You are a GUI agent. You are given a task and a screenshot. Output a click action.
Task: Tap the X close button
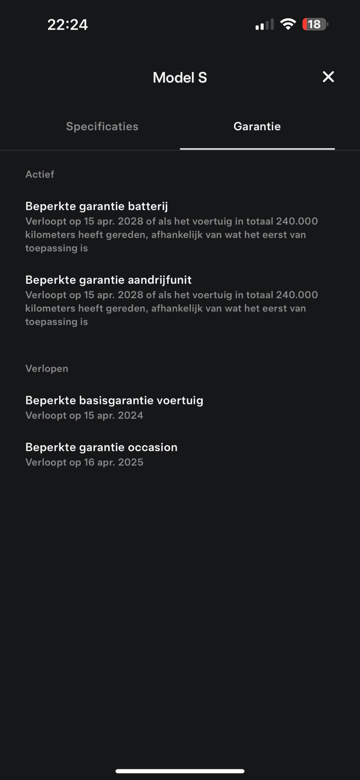point(328,77)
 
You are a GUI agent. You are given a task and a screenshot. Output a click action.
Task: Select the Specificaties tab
point(102,126)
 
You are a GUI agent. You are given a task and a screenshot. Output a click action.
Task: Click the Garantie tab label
point(257,126)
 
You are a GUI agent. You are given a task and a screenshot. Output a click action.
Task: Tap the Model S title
point(180,78)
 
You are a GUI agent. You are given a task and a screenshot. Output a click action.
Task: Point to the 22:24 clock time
point(67,25)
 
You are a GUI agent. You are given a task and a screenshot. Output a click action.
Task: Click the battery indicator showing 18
point(315,24)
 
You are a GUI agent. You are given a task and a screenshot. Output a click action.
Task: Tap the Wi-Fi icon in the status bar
point(288,24)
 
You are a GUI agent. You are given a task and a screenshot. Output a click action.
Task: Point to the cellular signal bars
point(264,25)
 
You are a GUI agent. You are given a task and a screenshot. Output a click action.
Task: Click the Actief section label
point(40,174)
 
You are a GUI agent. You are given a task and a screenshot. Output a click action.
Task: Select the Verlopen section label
point(47,369)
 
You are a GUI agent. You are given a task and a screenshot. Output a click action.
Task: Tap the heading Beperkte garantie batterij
point(96,206)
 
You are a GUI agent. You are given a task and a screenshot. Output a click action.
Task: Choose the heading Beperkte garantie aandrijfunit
point(109,280)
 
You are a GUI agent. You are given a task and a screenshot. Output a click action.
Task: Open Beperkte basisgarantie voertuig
point(114,401)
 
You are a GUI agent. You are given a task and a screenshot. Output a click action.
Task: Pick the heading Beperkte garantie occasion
point(101,448)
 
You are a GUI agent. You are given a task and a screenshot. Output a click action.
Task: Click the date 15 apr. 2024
point(114,416)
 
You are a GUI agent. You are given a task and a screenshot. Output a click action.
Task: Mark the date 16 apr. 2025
point(114,462)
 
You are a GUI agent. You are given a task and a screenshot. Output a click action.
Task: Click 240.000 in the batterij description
point(297,221)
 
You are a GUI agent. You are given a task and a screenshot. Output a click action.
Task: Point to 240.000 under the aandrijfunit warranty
point(297,295)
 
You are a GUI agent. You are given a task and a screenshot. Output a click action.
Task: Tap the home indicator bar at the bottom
point(180,771)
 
